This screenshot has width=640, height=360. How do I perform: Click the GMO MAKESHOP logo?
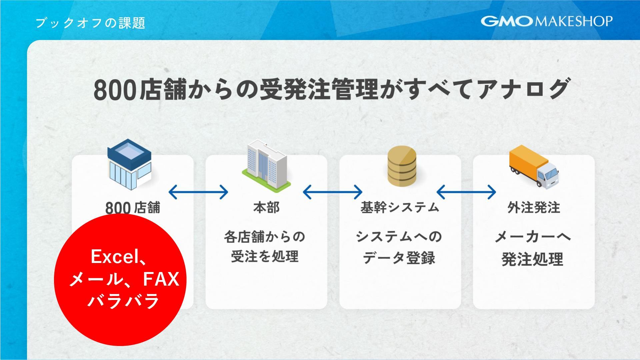point(546,21)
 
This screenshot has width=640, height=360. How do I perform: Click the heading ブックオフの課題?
point(90,23)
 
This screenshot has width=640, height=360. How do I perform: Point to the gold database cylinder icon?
point(402,166)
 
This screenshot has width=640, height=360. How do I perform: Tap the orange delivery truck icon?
point(533,166)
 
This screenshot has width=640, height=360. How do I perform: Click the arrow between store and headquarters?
point(198,192)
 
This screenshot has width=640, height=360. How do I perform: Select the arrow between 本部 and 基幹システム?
point(332,192)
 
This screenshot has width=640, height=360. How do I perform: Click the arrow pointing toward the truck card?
point(466,192)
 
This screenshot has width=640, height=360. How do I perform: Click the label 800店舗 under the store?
point(133,208)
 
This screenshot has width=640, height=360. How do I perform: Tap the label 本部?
point(266,207)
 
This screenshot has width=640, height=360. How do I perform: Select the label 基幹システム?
point(400,207)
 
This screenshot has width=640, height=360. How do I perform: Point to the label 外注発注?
point(533,207)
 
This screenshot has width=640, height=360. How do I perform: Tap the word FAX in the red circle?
point(161,279)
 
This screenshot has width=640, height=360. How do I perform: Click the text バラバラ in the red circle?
point(123,301)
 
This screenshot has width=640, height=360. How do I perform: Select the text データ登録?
point(399,258)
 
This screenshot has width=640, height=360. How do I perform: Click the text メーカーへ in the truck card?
point(533,237)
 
